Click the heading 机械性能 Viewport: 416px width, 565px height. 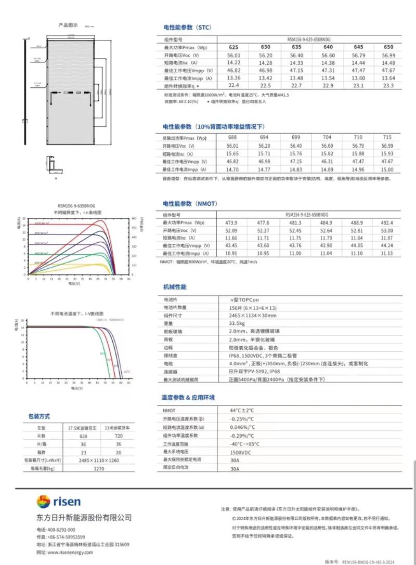click(175, 287)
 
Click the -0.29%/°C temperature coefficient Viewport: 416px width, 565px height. click(242, 435)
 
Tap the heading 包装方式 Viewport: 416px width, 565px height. click(39, 416)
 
